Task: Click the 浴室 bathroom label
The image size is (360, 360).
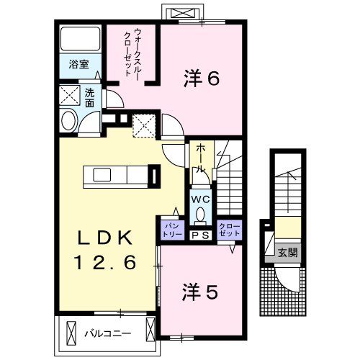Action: click(x=71, y=64)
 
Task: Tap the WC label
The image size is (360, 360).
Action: click(x=199, y=199)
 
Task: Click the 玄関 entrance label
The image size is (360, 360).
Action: click(x=287, y=253)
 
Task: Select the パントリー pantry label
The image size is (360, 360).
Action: click(x=171, y=229)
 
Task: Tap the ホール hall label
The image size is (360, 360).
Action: click(x=201, y=158)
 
